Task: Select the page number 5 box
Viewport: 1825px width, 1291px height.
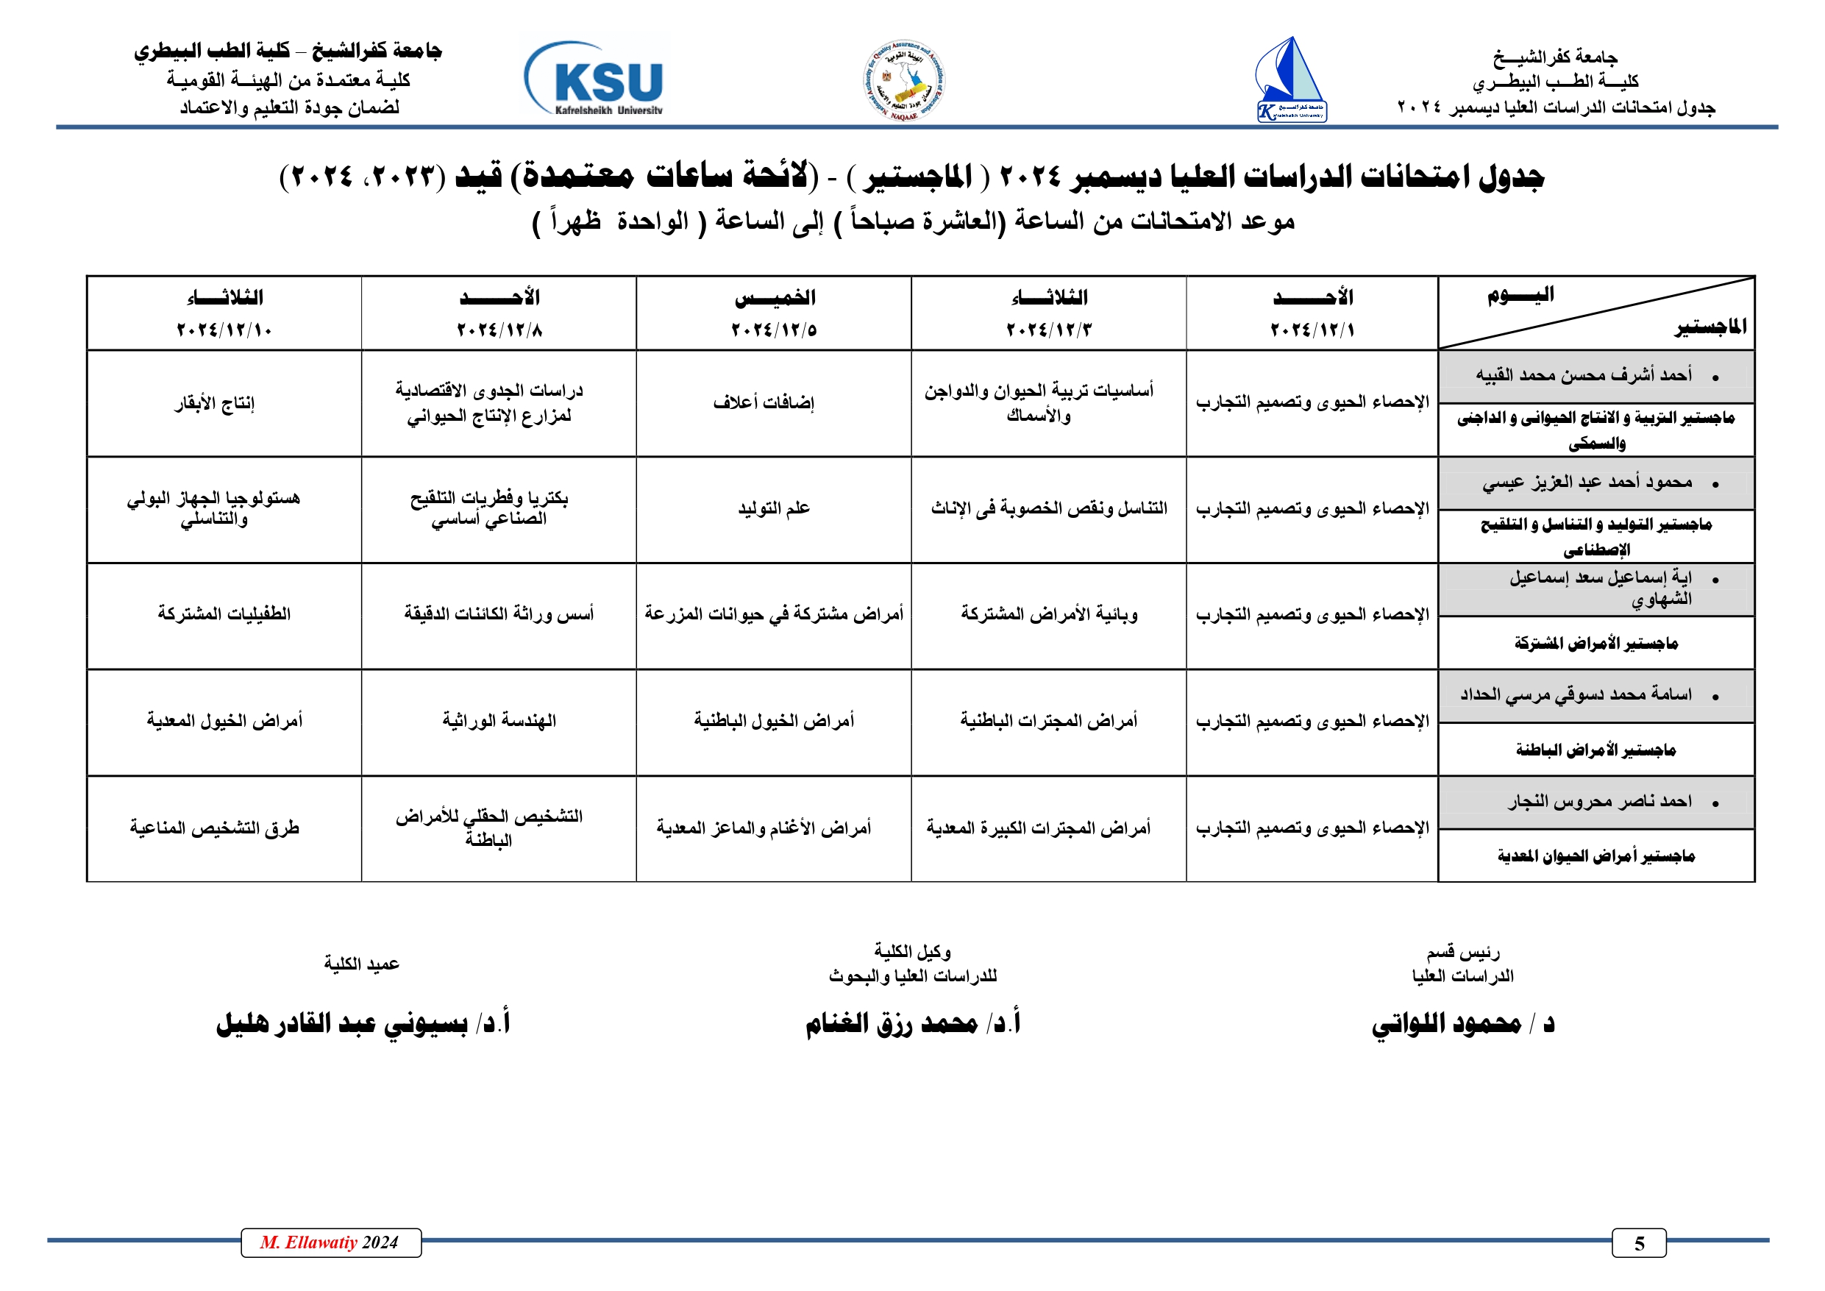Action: (1638, 1243)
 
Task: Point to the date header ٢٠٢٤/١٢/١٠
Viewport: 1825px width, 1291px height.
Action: (224, 330)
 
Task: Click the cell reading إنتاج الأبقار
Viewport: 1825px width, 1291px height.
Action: (215, 403)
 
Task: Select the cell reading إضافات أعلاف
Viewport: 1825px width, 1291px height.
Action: (764, 403)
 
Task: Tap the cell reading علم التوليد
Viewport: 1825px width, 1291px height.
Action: (773, 509)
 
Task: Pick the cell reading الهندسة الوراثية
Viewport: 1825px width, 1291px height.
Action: (499, 721)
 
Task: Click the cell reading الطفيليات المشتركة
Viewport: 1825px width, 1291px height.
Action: (224, 614)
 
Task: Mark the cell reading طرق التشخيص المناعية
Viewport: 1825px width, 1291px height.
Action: (215, 828)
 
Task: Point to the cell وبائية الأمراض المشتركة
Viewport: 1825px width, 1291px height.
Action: (1049, 614)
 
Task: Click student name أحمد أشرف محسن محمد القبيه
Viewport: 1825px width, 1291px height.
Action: (1584, 375)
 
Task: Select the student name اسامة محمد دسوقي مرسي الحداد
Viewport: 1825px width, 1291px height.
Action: (1576, 695)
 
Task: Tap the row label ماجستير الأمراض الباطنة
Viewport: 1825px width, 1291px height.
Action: (1595, 750)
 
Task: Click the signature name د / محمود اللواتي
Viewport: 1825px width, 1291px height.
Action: (1462, 1023)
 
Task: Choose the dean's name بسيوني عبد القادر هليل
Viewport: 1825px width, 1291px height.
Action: (342, 1024)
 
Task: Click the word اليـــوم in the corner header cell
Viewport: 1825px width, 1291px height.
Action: (1520, 295)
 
